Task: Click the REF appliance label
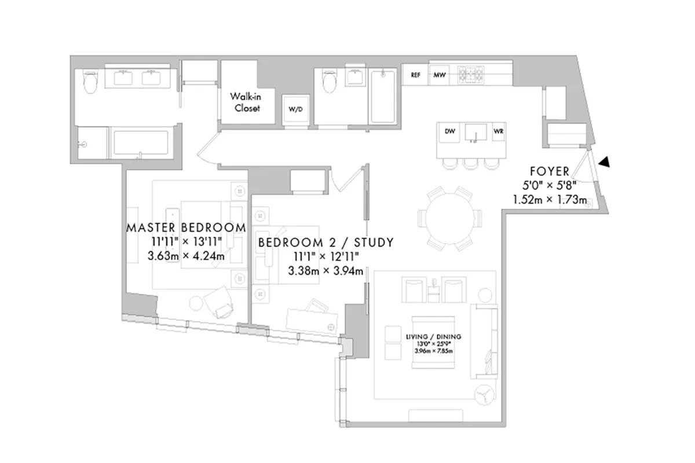(x=415, y=75)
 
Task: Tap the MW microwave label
(x=439, y=75)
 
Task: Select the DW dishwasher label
(x=450, y=132)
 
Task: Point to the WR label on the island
(x=498, y=132)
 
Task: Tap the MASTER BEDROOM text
(x=186, y=227)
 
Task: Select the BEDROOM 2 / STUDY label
(x=325, y=242)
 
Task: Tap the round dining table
(x=449, y=219)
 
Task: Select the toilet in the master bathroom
(x=90, y=84)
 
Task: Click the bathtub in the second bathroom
(x=383, y=96)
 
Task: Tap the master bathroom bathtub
(x=141, y=142)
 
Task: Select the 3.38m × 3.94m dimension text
(x=325, y=270)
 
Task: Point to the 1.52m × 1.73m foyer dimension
(x=550, y=200)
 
